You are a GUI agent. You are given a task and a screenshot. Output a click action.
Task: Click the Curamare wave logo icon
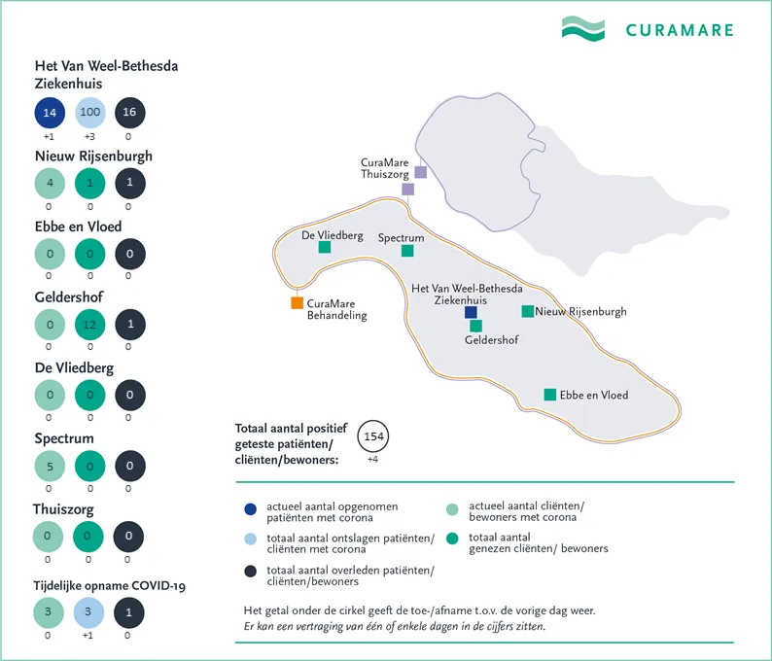582,28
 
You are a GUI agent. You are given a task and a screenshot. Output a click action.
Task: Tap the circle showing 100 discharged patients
89,113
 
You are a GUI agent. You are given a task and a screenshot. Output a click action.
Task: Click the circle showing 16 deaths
129,113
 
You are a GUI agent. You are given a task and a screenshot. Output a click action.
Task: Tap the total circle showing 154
373,436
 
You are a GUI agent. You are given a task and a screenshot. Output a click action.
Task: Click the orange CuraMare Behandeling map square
297,303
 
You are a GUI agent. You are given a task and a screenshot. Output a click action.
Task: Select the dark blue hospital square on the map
471,312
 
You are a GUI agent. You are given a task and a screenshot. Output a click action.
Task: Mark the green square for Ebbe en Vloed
550,395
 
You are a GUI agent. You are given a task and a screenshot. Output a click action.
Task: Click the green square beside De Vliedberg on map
325,248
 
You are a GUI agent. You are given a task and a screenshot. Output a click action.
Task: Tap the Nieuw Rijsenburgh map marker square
527,311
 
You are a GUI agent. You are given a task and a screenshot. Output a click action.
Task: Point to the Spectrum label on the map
401,237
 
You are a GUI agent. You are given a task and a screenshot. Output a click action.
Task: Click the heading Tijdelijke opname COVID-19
110,585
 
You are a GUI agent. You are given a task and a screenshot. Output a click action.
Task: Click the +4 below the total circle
373,459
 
